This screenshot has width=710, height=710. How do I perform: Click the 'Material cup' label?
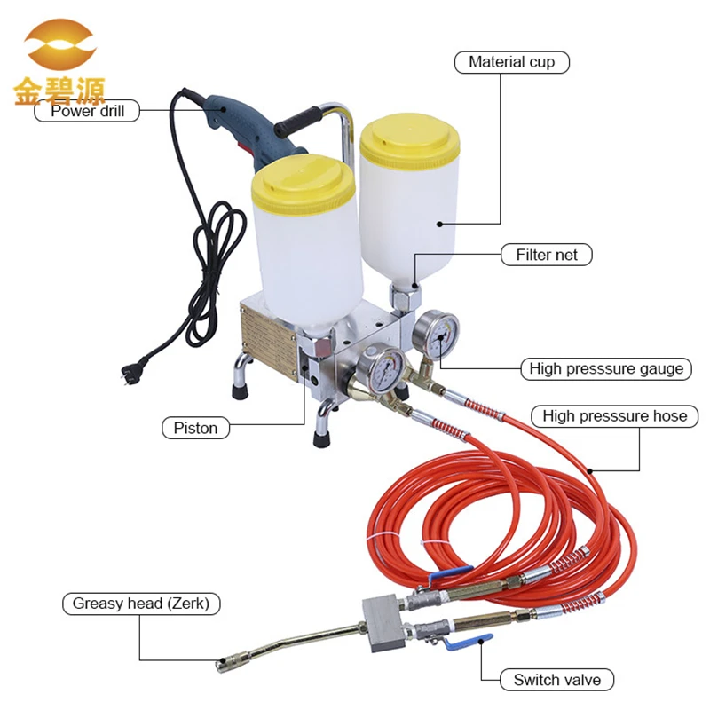[512, 62]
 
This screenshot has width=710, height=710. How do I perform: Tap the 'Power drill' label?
[87, 111]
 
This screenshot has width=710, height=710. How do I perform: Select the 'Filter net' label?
[547, 255]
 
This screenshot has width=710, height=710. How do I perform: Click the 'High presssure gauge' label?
[606, 368]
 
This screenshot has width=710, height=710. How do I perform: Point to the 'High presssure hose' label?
[614, 415]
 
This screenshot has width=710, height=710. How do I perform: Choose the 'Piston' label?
[195, 428]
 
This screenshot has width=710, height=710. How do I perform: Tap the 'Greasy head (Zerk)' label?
[140, 603]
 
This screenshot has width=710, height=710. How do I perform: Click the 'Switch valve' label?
[556, 681]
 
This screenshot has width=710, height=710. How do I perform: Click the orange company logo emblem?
[59, 49]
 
